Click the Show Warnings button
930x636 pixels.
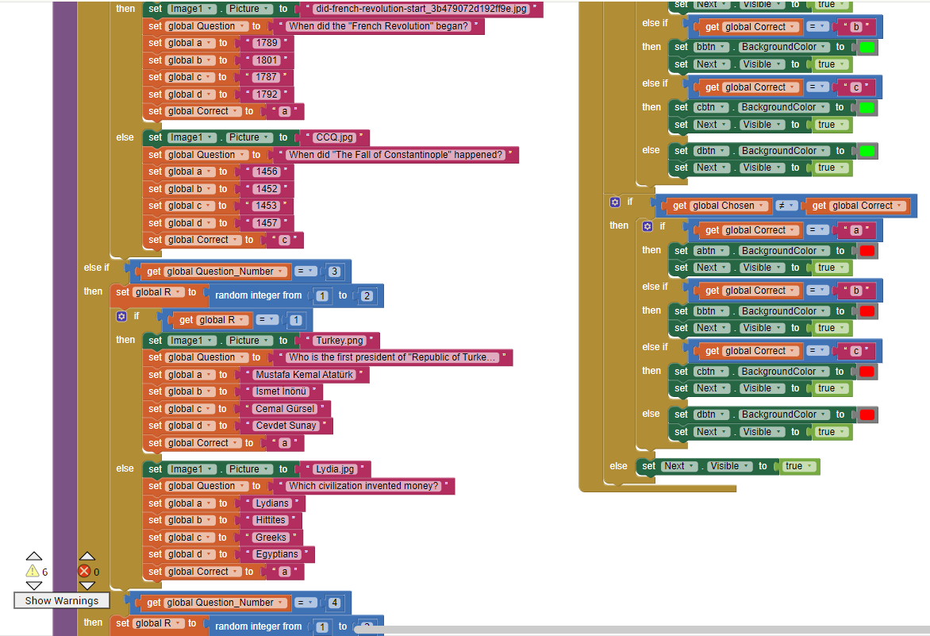[x=61, y=600]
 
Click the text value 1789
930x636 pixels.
[x=265, y=43]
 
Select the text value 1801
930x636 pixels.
[x=265, y=60]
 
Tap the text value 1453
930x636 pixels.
[x=266, y=206]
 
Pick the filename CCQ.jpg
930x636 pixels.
[x=334, y=137]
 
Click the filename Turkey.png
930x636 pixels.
[x=340, y=341]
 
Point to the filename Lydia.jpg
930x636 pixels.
[x=335, y=469]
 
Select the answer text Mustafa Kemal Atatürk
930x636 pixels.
[x=304, y=375]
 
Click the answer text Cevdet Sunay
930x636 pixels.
[x=286, y=426]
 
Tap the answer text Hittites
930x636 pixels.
[x=270, y=520]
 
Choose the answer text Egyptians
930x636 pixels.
[x=277, y=554]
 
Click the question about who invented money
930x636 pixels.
[x=363, y=486]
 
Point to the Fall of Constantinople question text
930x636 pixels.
[x=395, y=155]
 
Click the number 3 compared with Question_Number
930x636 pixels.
[x=335, y=272]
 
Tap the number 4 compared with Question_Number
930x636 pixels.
[x=335, y=603]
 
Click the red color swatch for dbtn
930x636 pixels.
[x=867, y=414]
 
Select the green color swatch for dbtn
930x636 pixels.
[x=867, y=151]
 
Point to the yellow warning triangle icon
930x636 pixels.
[x=32, y=571]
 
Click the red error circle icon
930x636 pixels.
[x=83, y=571]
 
